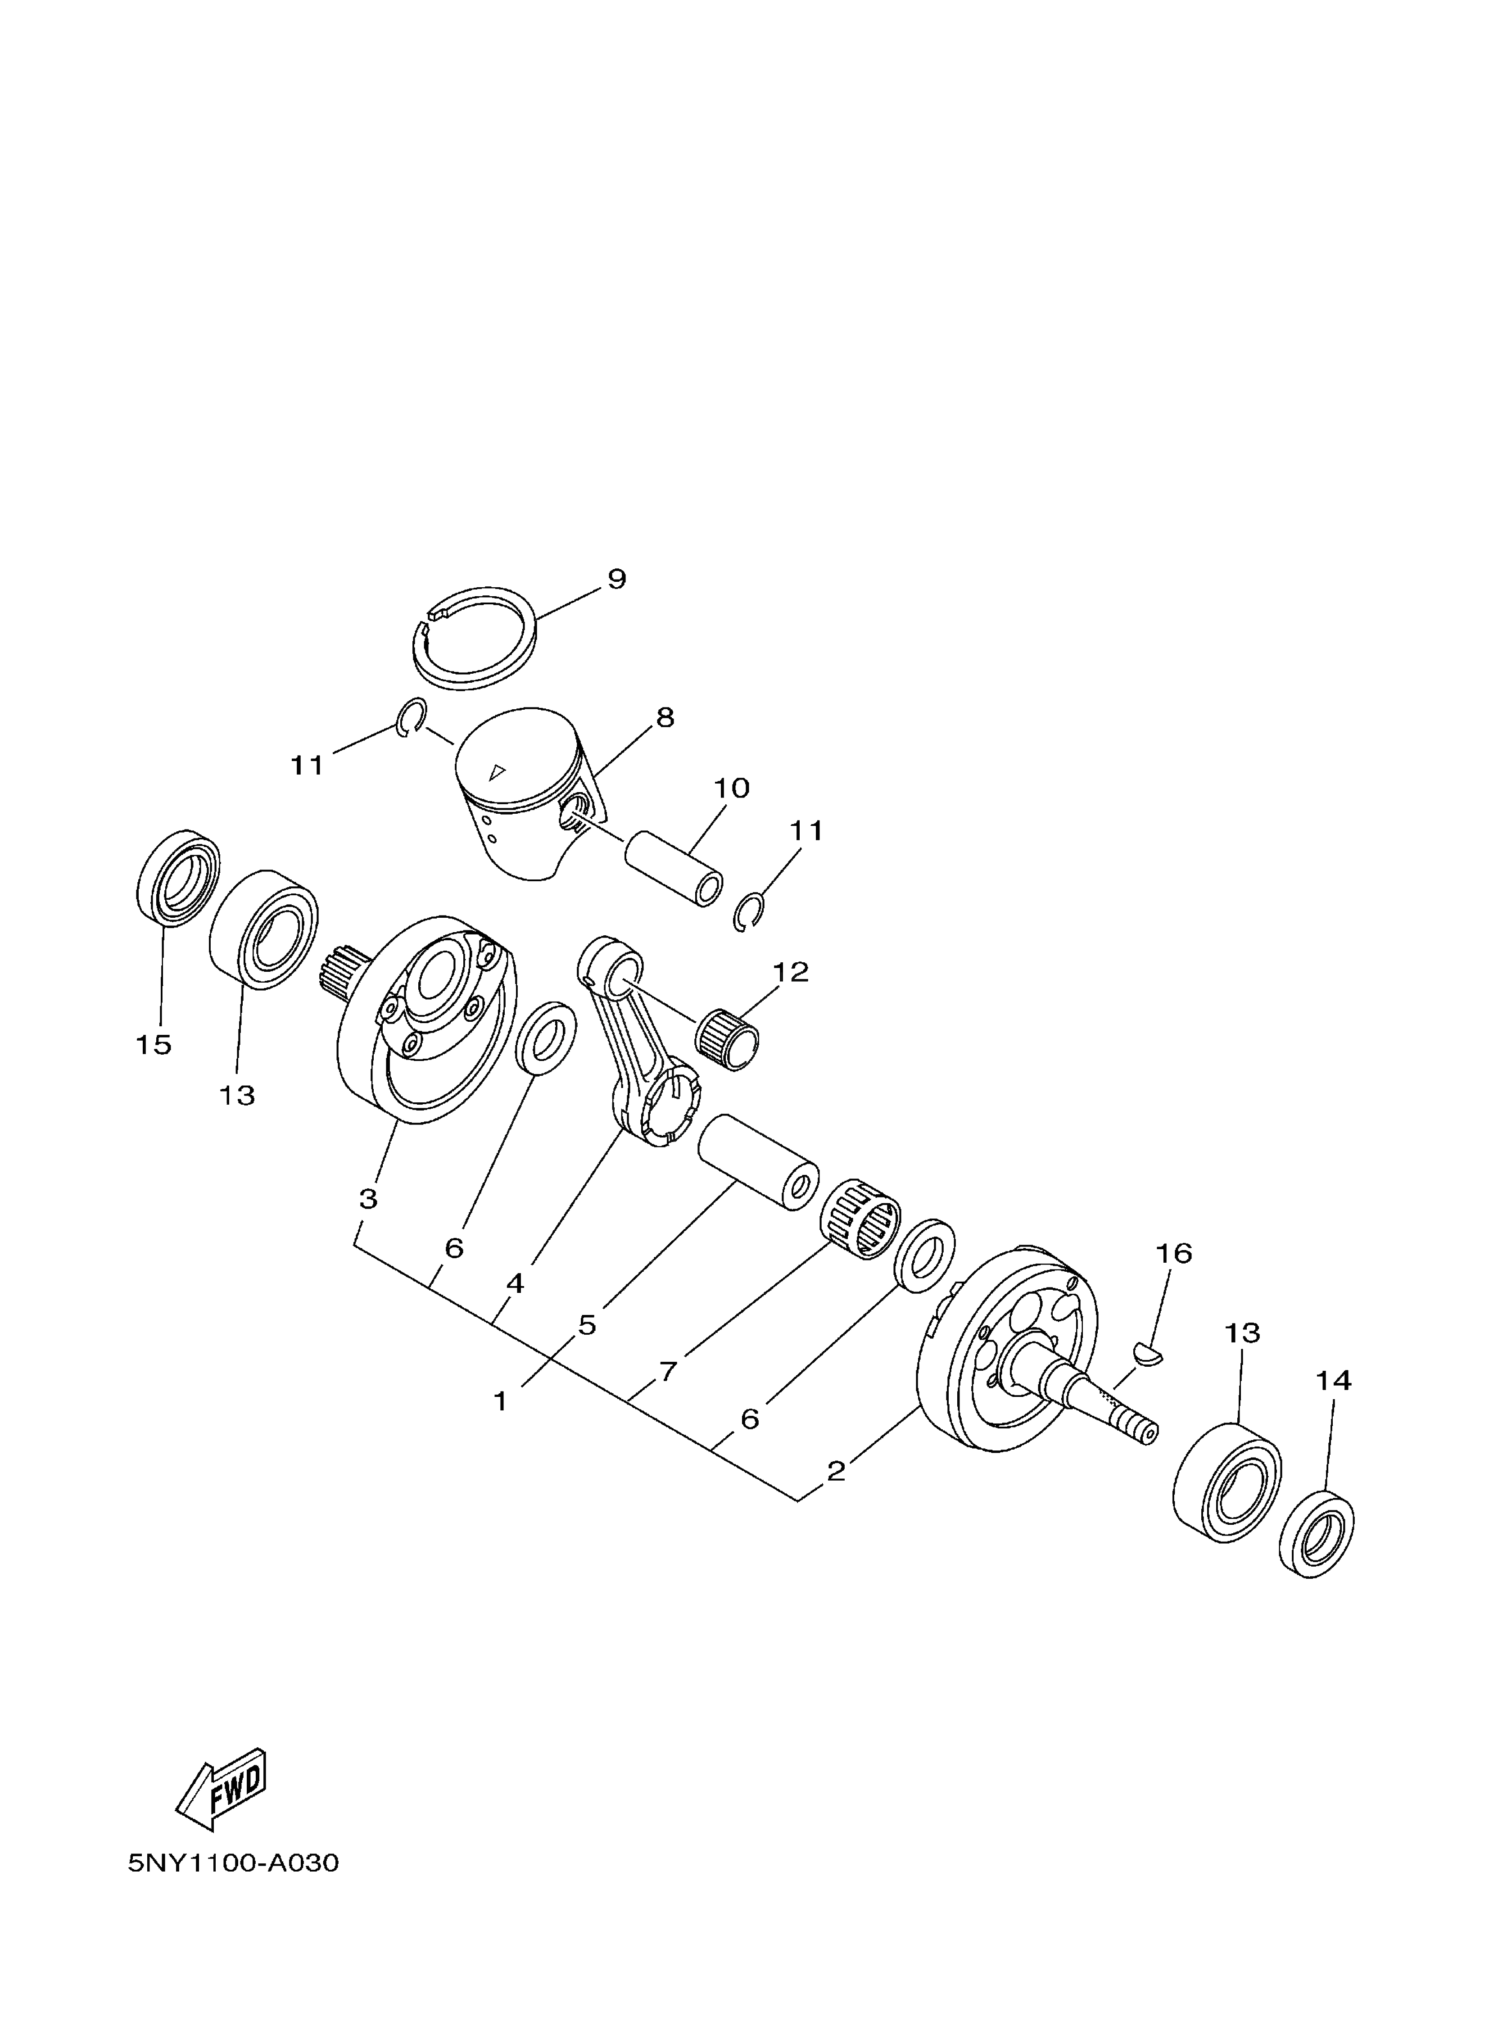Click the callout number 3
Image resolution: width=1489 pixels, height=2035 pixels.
[368, 1200]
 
